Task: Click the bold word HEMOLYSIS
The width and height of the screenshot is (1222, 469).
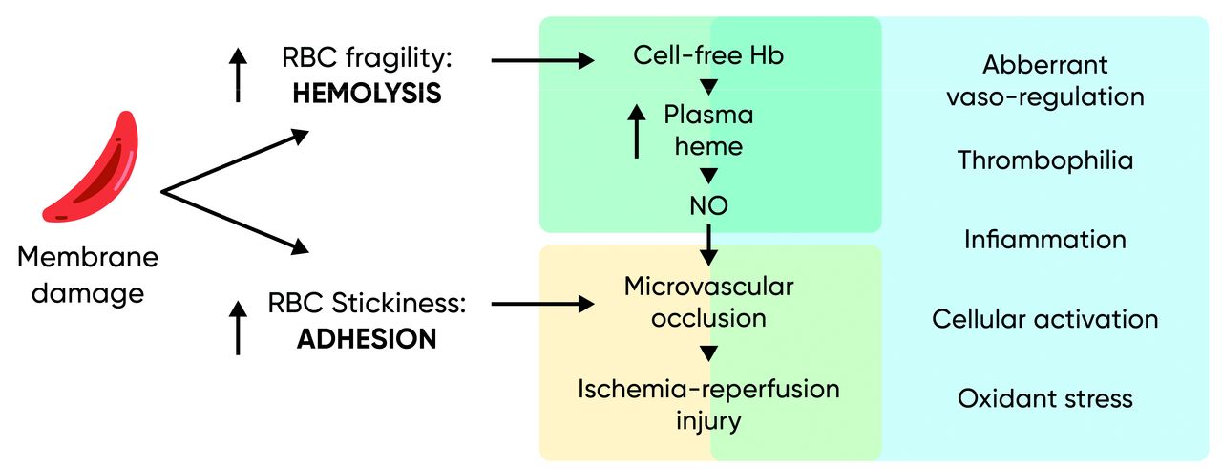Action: pos(368,94)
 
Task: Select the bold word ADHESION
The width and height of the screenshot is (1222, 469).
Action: pos(367,339)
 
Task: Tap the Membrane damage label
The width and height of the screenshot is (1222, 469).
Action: pos(88,274)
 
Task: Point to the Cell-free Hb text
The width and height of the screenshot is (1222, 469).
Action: pos(708,56)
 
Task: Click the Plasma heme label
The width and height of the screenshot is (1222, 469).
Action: pos(708,130)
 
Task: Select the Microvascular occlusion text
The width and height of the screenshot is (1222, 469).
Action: pos(708,301)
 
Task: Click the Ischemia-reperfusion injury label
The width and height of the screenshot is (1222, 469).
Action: pos(708,404)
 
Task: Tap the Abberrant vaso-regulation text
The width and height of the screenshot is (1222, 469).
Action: pos(1045,80)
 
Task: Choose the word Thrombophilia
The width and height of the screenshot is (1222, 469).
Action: pos(1045,160)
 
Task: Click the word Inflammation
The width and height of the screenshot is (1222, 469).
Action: pos(1045,239)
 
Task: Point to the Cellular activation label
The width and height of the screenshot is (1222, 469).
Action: pos(1045,318)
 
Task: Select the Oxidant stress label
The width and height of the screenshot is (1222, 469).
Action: pos(1045,397)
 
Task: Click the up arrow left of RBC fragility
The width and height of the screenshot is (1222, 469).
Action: pos(238,75)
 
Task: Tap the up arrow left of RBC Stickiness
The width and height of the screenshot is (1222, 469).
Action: pos(238,326)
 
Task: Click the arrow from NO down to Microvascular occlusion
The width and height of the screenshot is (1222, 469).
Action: pos(708,244)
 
